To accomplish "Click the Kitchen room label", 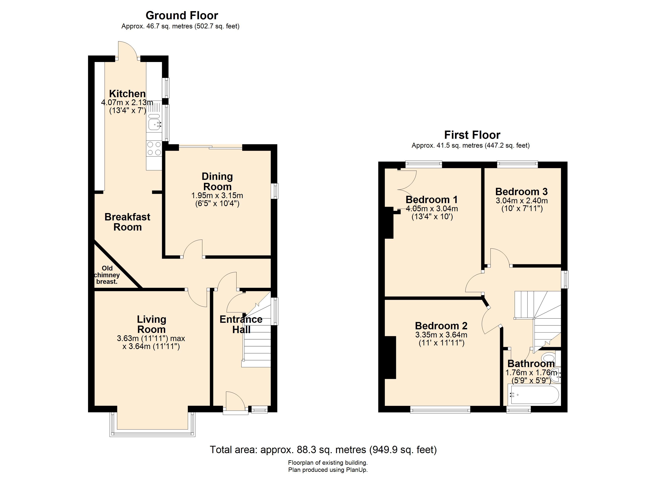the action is (x=127, y=94).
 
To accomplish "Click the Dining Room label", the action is (x=217, y=181).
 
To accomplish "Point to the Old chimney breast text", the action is (x=107, y=275).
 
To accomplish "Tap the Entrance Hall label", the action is (x=241, y=324).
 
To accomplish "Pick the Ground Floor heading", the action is (x=182, y=15).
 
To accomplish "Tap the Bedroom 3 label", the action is (x=521, y=191).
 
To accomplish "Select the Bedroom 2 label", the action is (x=441, y=326).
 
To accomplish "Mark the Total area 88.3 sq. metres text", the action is (x=323, y=450).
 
